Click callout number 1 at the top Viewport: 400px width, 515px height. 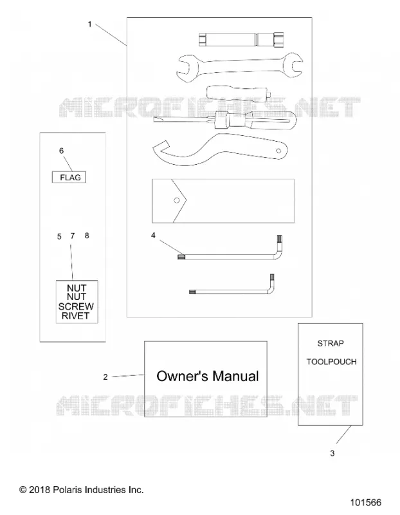(89, 24)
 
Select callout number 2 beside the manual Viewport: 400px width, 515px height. (105, 377)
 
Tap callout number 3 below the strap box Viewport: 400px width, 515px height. (332, 453)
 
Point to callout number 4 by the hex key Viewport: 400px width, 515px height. (153, 235)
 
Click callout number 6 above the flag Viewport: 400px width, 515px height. (61, 151)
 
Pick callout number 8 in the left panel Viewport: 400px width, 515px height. (87, 236)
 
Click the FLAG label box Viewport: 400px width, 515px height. (69, 178)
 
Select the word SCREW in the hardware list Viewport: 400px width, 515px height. (76, 306)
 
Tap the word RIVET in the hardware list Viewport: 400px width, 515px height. (76, 316)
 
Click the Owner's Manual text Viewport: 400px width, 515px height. (208, 377)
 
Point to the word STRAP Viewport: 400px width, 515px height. (331, 344)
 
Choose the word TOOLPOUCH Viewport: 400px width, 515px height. (331, 362)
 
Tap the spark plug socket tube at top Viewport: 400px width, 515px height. (241, 40)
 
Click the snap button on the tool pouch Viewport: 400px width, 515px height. (177, 200)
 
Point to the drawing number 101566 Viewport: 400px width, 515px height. (366, 503)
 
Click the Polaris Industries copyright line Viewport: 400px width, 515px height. (82, 490)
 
